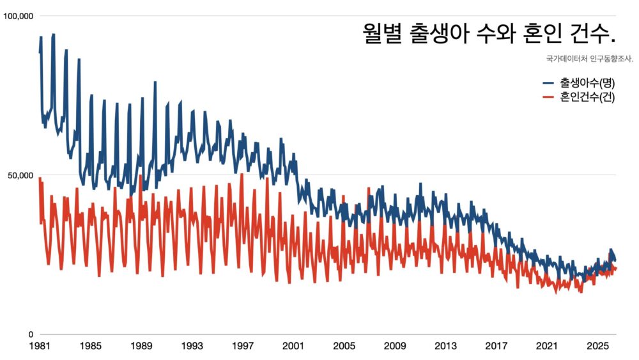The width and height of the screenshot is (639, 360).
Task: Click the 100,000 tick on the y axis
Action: (x=18, y=17)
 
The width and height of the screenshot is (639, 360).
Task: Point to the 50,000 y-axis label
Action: (x=20, y=176)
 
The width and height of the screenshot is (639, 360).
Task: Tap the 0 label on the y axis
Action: (x=31, y=334)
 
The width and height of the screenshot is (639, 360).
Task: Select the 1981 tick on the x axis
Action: (x=40, y=346)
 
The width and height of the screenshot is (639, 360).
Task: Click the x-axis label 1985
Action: (x=90, y=346)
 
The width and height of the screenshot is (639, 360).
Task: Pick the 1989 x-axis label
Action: (x=141, y=346)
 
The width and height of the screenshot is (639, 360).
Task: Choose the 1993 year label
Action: (x=192, y=346)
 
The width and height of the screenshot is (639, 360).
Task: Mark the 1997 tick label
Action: (x=242, y=346)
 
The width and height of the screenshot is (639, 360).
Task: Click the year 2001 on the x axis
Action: (x=293, y=346)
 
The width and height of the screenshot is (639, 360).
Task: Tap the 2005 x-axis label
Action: (x=344, y=346)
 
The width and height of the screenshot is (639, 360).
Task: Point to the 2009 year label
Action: (x=394, y=346)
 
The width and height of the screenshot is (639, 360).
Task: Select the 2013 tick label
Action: (x=445, y=346)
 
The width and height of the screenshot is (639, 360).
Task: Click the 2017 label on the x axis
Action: (x=496, y=346)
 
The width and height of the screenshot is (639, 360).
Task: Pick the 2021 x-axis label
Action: (x=546, y=346)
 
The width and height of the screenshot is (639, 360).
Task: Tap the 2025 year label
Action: (x=597, y=346)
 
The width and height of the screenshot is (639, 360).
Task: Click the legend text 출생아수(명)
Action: (x=587, y=82)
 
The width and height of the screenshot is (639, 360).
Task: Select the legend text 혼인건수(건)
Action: (x=587, y=97)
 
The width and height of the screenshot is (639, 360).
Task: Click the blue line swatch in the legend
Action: (x=548, y=82)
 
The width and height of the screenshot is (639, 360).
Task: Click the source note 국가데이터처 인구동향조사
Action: (x=590, y=59)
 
